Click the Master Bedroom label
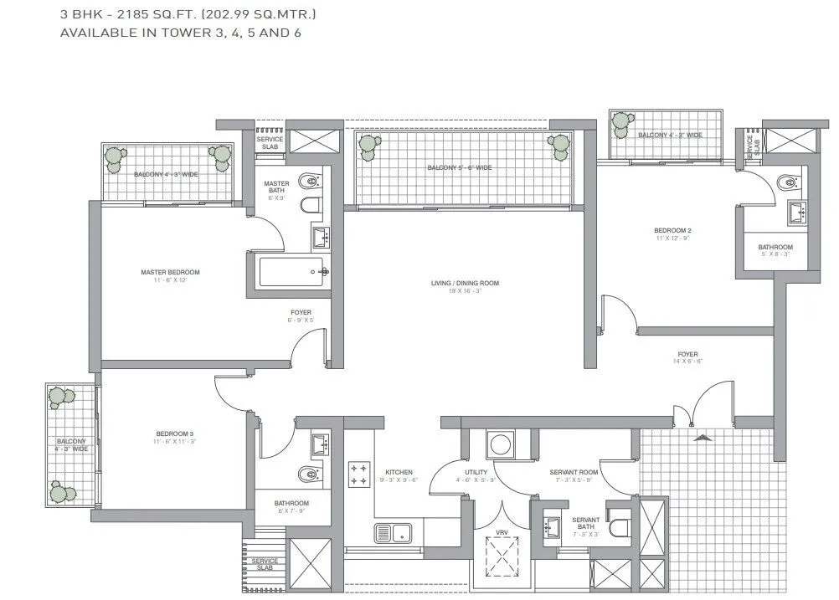pyautogui.click(x=171, y=272)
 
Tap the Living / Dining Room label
pyautogui.click(x=465, y=284)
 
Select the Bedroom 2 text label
pyautogui.click(x=672, y=230)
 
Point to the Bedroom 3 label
pyautogui.click(x=174, y=433)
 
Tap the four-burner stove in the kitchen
pyautogui.click(x=359, y=474)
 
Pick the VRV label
pyautogui.click(x=502, y=532)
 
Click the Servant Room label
pyautogui.click(x=571, y=473)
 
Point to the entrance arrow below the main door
pyautogui.click(x=702, y=436)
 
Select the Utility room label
pyautogui.click(x=476, y=473)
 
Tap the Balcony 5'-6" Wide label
pyautogui.click(x=460, y=168)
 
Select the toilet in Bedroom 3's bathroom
pyautogui.click(x=311, y=475)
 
